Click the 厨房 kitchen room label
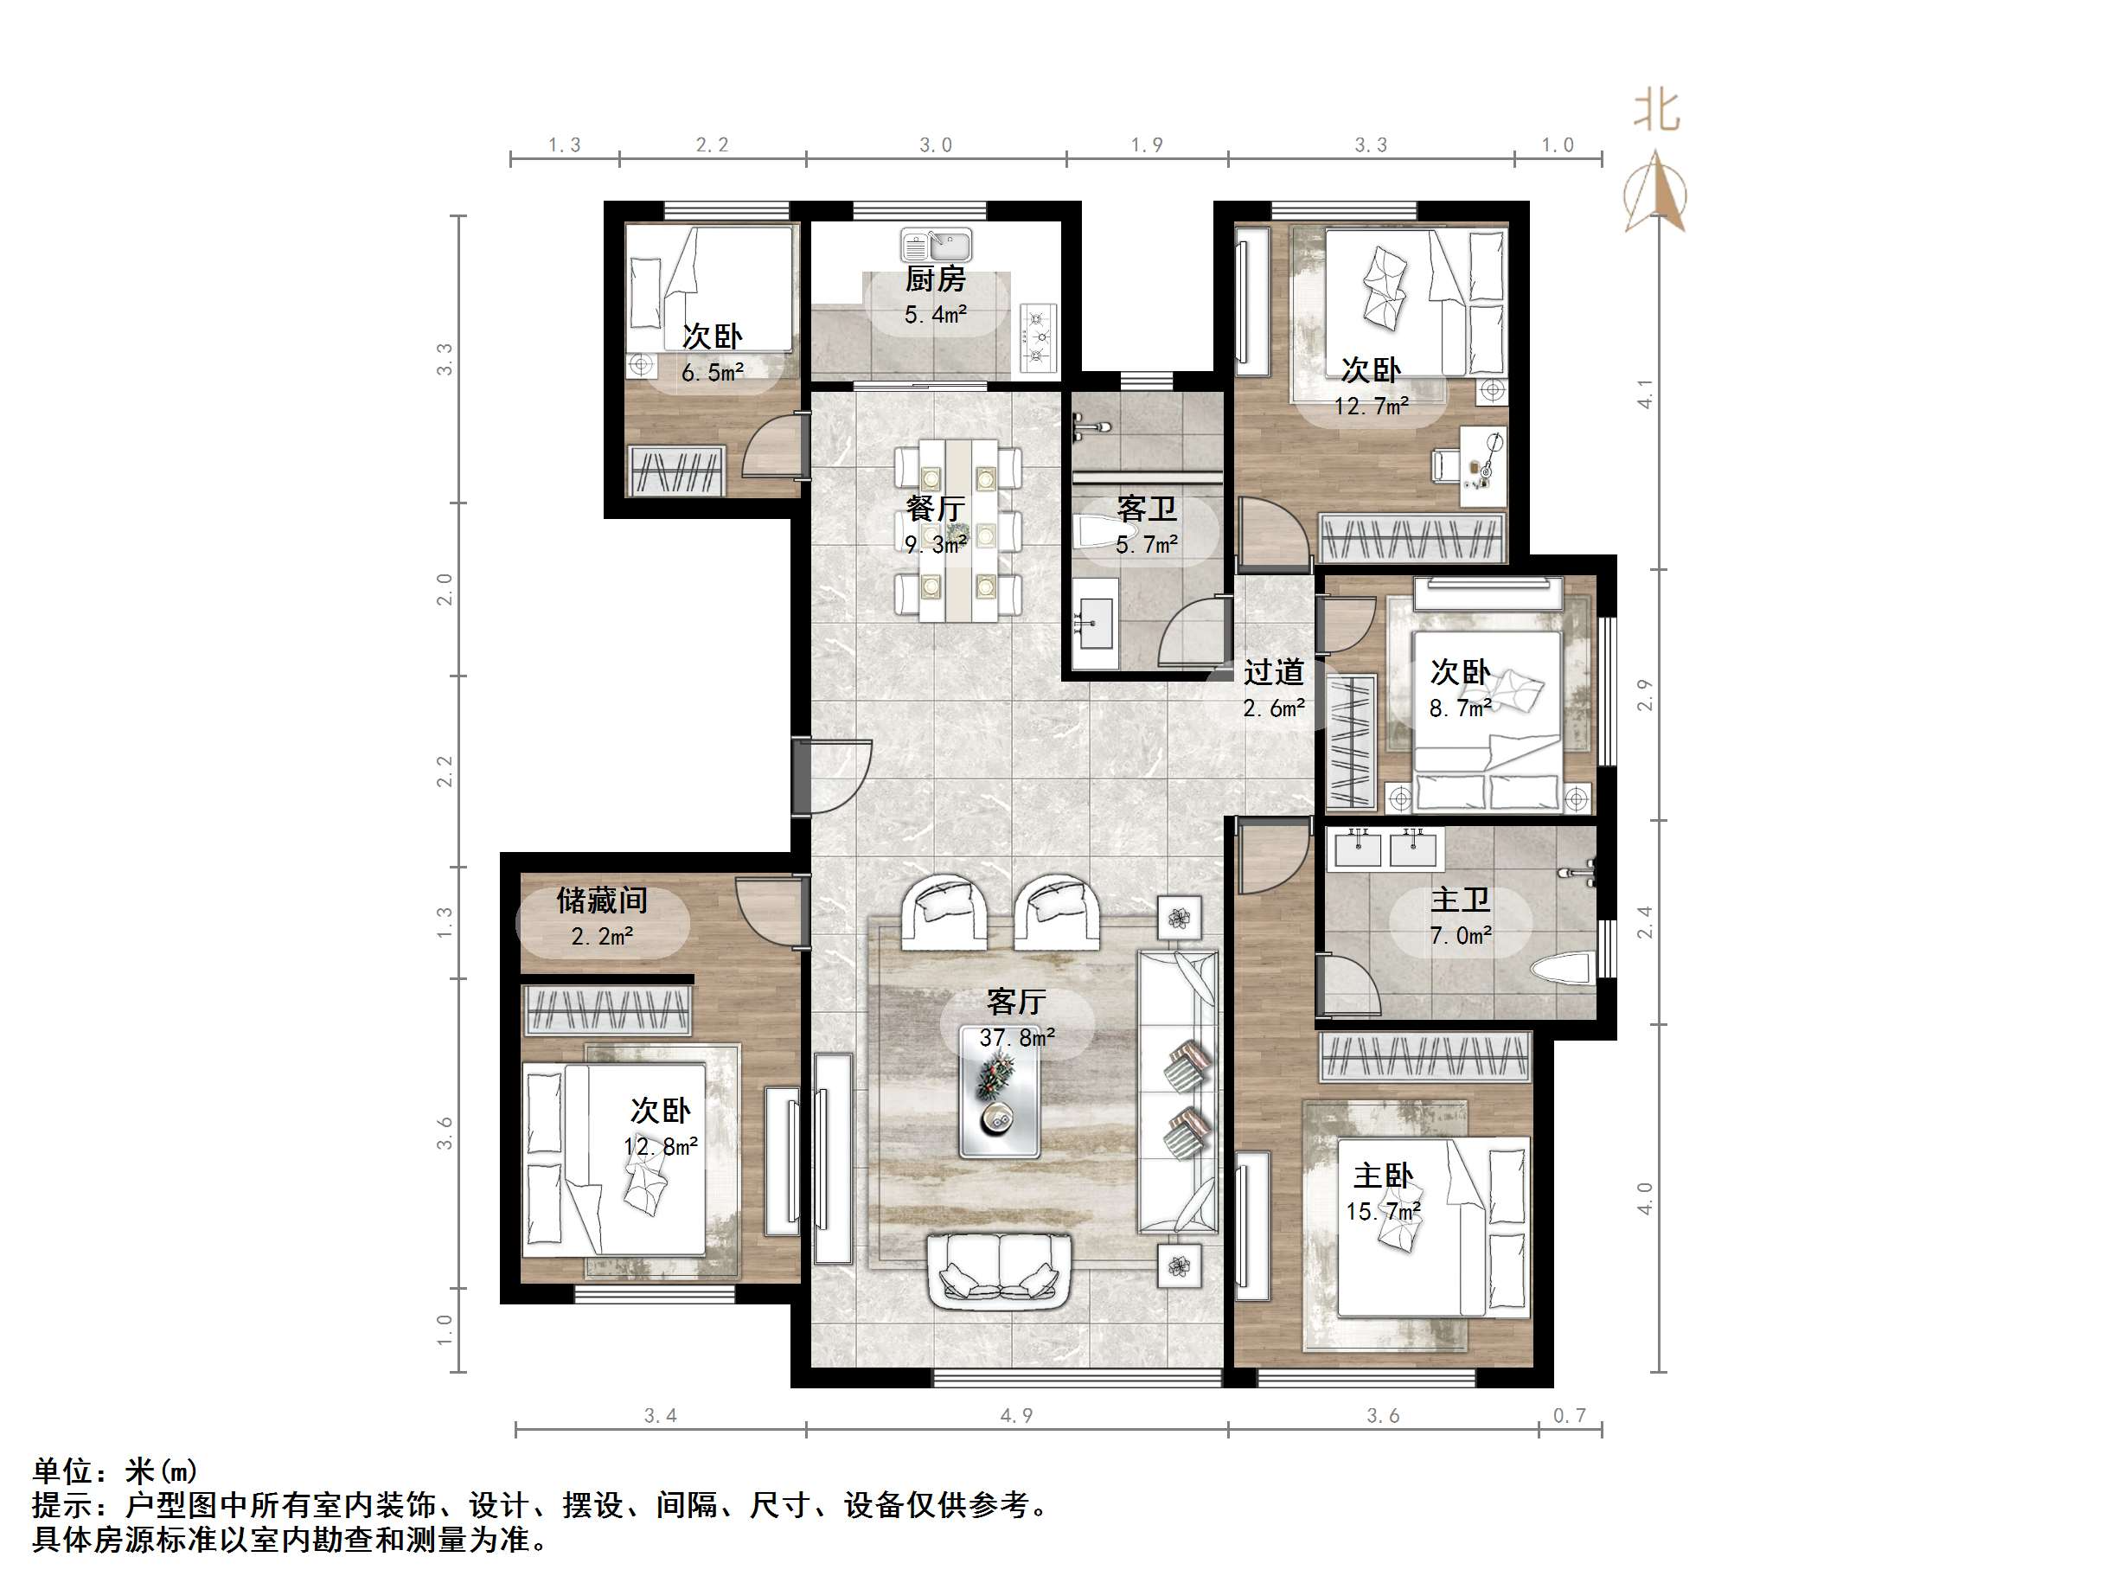pyautogui.click(x=936, y=279)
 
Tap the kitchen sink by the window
pyautogui.click(x=936, y=245)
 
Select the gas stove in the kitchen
pyautogui.click(x=1038, y=336)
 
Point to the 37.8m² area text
pyautogui.click(x=1017, y=1037)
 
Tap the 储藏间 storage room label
pyautogui.click(x=602, y=900)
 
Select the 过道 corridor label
pyautogui.click(x=1273, y=672)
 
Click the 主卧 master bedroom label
pyautogui.click(x=1383, y=1176)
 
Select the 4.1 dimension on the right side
pyautogui.click(x=1645, y=394)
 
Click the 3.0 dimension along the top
pyautogui.click(x=936, y=145)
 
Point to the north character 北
pyautogui.click(x=1655, y=111)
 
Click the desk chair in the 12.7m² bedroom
pyautogui.click(x=1444, y=465)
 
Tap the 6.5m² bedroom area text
pyautogui.click(x=713, y=373)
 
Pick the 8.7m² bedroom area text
pyautogui.click(x=1460, y=708)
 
